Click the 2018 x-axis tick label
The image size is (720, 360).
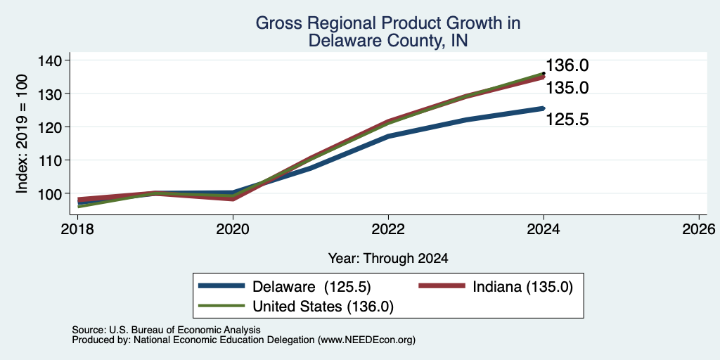77,229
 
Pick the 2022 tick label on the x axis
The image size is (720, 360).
388,229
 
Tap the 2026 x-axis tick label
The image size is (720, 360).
699,229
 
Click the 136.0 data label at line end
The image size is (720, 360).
567,65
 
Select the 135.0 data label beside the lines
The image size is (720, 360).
567,88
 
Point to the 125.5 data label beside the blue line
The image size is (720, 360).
567,120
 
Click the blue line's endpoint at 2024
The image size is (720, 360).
544,108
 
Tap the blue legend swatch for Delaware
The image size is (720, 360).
221,286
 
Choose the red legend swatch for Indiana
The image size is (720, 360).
442,286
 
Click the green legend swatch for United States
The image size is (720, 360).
221,306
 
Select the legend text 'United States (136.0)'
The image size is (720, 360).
323,307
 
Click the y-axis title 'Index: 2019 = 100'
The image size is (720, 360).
22,134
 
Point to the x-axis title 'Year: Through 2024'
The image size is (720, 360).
388,259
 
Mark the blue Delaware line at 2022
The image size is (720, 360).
388,136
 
